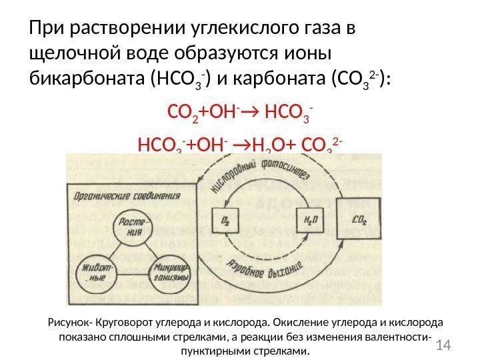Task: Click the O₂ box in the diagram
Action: click(225, 220)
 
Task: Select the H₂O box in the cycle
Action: click(308, 220)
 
